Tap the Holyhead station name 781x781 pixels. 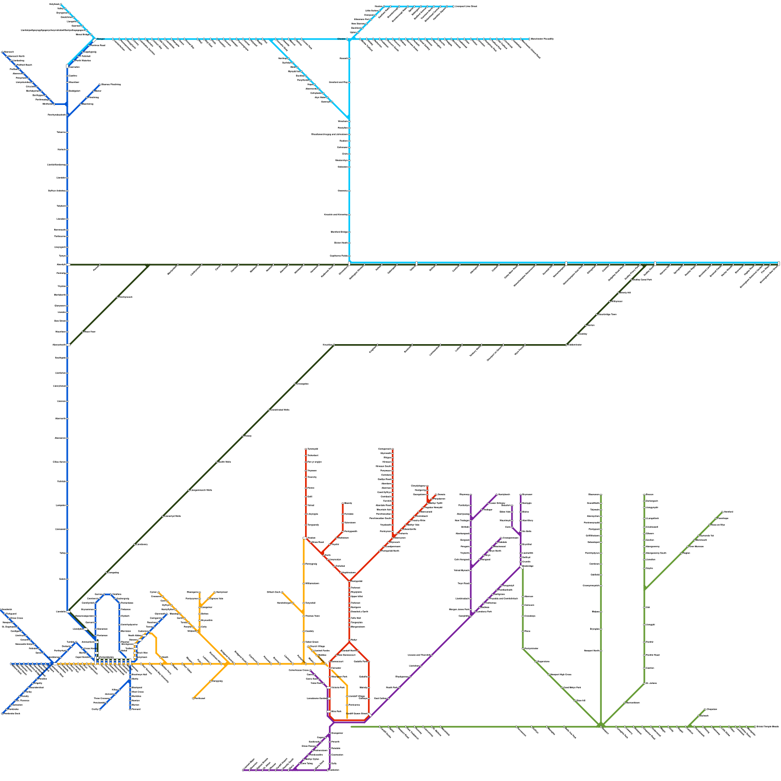tap(54, 4)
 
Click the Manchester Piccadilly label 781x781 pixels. tap(542, 39)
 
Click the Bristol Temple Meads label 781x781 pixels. tap(767, 727)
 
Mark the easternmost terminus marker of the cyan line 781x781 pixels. tap(779, 264)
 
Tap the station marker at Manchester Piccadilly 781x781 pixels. tap(529, 39)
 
